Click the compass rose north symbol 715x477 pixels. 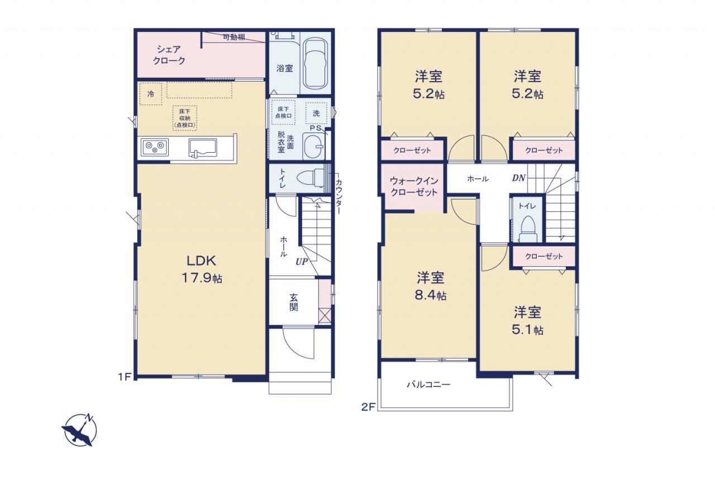click(x=79, y=430)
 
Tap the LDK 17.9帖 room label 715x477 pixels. click(x=202, y=270)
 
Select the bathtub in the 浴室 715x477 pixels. click(x=315, y=64)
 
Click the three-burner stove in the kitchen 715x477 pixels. click(x=155, y=148)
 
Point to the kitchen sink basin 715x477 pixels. click(x=202, y=148)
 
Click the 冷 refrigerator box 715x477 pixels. click(x=151, y=94)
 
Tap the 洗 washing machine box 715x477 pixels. click(x=316, y=113)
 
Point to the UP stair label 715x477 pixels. click(x=301, y=262)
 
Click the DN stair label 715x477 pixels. click(x=519, y=178)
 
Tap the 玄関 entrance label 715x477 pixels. click(x=294, y=302)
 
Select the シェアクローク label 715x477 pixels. click(x=169, y=55)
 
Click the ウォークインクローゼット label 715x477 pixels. click(x=414, y=187)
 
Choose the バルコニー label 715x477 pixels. click(x=428, y=384)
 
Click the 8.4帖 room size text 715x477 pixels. click(x=430, y=295)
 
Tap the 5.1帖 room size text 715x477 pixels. click(x=527, y=330)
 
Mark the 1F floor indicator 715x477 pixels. click(x=125, y=377)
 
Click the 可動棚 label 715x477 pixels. click(x=234, y=37)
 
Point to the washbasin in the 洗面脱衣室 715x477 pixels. click(x=313, y=147)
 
